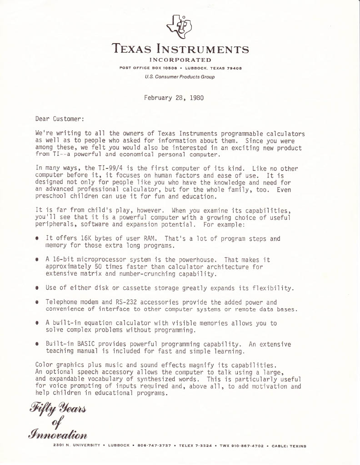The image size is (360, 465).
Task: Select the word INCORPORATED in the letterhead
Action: (180, 60)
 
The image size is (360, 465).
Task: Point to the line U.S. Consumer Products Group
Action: (180, 77)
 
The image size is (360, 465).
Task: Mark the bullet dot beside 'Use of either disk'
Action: (36, 288)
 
